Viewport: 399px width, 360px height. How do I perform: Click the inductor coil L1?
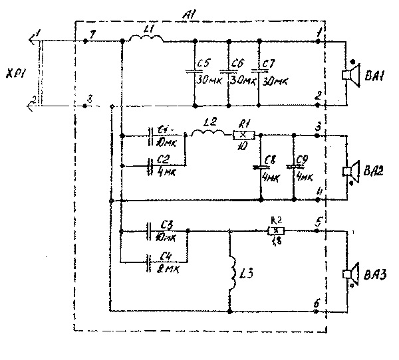coord(145,41)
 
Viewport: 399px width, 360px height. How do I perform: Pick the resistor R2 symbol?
coord(275,231)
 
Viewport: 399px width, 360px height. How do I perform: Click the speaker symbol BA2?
coord(350,170)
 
